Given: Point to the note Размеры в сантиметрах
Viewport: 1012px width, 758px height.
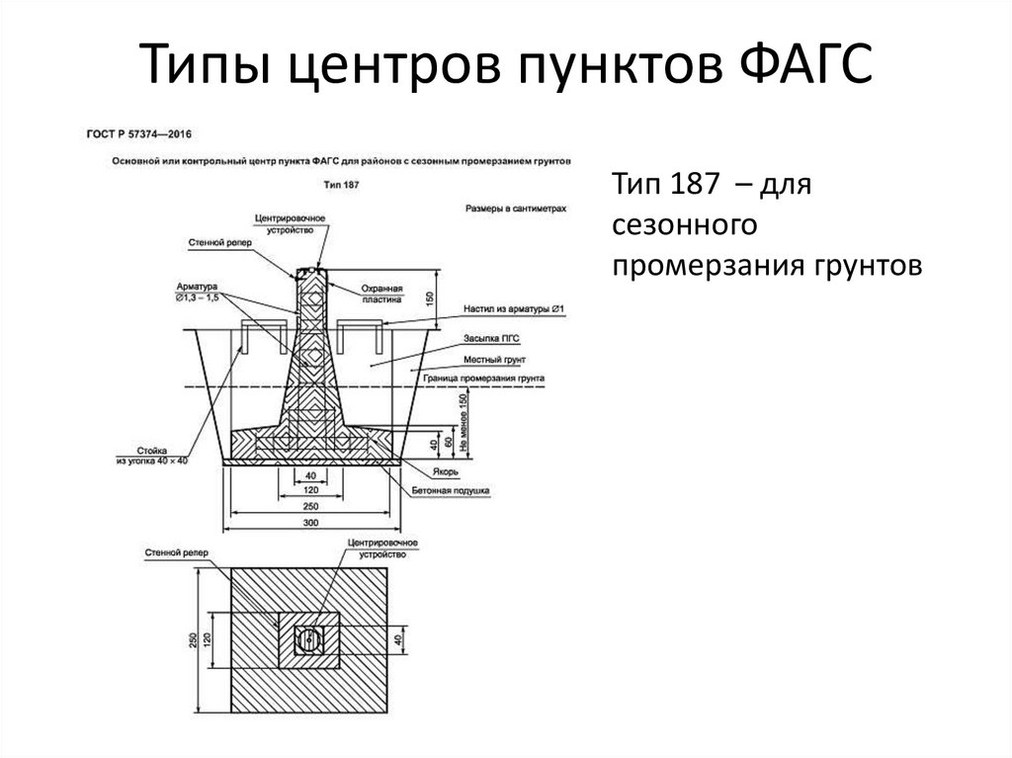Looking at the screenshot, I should [x=515, y=210].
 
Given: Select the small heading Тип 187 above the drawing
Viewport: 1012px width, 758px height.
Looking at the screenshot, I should [x=340, y=184].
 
